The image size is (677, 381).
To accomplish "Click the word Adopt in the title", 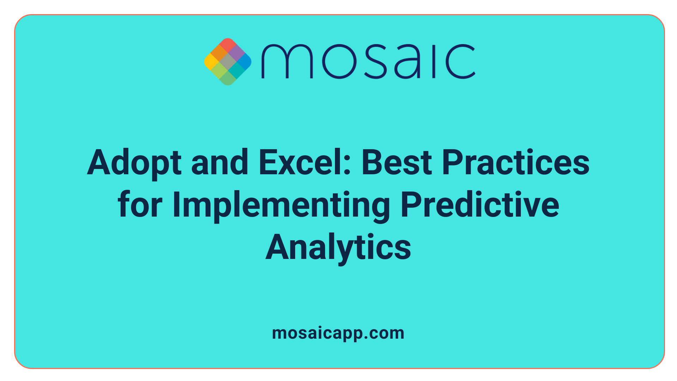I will click(x=134, y=163).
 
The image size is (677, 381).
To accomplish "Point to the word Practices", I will click(x=516, y=163).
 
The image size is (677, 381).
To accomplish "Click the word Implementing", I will click(x=281, y=205).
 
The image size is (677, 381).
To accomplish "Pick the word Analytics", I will click(x=338, y=248).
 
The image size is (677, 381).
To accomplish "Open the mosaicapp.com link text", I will click(x=338, y=333).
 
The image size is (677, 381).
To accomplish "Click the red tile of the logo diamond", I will click(x=228, y=45).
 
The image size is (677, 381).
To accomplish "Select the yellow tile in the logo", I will click(x=211, y=62).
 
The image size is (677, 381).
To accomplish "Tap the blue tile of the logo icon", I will click(x=244, y=62).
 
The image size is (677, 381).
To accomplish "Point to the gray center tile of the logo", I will click(x=228, y=62).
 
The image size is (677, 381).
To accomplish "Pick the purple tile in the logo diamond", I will click(x=236, y=53).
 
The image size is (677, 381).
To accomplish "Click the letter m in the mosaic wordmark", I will click(x=287, y=61).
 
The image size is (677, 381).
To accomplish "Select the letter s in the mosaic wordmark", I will click(x=374, y=61).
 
